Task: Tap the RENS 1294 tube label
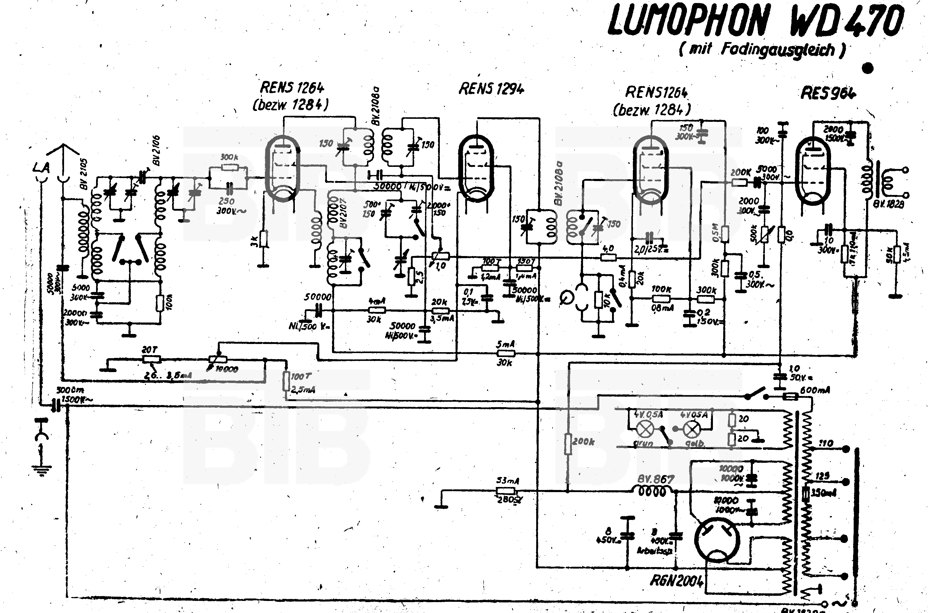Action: point(491,89)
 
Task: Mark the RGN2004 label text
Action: point(676,581)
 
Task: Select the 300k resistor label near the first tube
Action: point(229,157)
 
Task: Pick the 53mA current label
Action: point(507,481)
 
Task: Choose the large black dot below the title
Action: point(867,68)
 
